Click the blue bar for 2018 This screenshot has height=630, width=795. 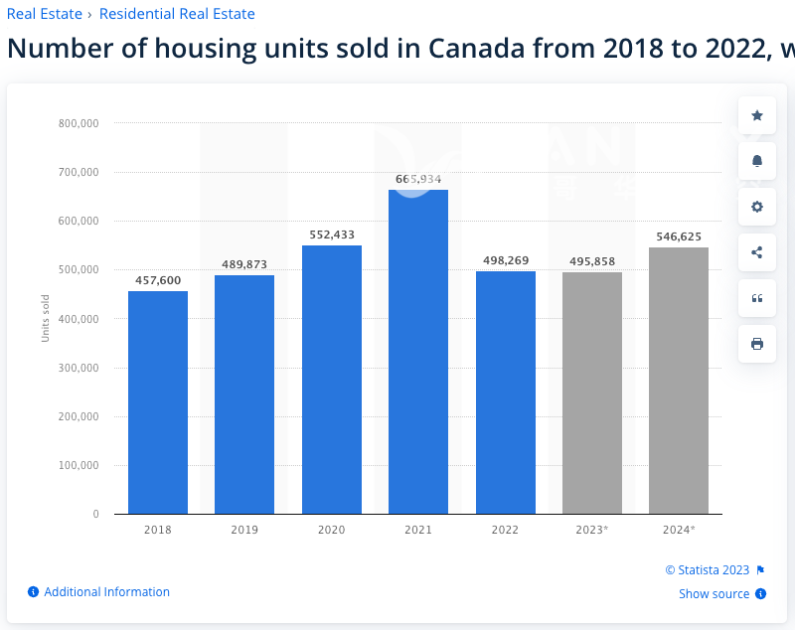tap(158, 402)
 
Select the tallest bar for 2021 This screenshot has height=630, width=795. tap(418, 352)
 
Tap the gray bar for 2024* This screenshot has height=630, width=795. tap(679, 381)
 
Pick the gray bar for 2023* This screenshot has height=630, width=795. tap(592, 393)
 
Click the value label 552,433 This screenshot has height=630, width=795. tap(331, 235)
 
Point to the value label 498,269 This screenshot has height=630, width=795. tap(505, 260)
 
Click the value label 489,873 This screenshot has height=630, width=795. tap(244, 264)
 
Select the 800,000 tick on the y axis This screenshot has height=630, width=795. tap(79, 123)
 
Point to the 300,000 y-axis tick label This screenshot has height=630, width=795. tap(79, 368)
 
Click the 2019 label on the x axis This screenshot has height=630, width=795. tap(244, 530)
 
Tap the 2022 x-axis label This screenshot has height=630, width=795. tap(505, 530)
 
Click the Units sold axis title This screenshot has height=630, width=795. tap(46, 319)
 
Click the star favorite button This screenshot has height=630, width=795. tap(757, 115)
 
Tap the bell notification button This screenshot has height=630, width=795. tap(757, 161)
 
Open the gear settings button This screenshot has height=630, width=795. tap(757, 207)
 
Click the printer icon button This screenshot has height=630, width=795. tap(757, 344)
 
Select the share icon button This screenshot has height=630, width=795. tap(757, 252)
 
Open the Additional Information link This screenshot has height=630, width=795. tap(106, 592)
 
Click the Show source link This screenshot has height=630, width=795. tap(715, 594)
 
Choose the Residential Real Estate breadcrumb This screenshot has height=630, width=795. tap(177, 14)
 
